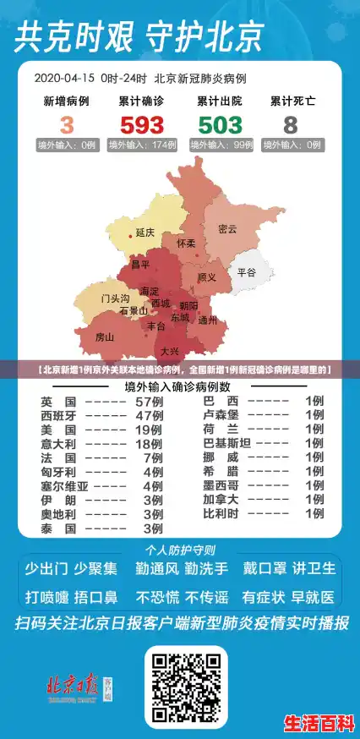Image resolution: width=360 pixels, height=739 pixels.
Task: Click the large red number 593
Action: coord(141,125)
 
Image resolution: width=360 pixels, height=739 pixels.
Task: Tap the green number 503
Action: coord(220,125)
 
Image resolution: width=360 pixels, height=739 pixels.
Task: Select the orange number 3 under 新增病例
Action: coord(67,125)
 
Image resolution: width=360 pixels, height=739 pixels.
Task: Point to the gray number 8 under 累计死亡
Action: coord(291,125)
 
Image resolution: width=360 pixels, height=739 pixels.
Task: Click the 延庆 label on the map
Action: coord(145,232)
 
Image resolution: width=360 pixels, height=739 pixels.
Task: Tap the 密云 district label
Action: coord(227,228)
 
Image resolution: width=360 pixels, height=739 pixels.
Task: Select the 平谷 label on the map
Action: coord(246,272)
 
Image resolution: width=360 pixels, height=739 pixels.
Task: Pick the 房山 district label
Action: coord(105,337)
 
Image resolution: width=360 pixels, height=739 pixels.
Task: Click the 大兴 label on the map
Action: coord(169,351)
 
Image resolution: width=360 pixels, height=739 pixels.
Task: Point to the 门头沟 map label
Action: coord(115,298)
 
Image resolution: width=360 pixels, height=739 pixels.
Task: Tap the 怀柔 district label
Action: coord(186,244)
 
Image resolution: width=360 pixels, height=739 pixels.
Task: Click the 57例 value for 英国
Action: coord(150,400)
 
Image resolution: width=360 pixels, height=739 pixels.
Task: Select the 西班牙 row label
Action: coord(58,415)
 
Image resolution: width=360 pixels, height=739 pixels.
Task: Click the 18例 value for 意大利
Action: coord(150,443)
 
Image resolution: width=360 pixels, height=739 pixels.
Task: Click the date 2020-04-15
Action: coord(63,78)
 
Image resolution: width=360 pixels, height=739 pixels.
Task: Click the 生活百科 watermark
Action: coord(318,723)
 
